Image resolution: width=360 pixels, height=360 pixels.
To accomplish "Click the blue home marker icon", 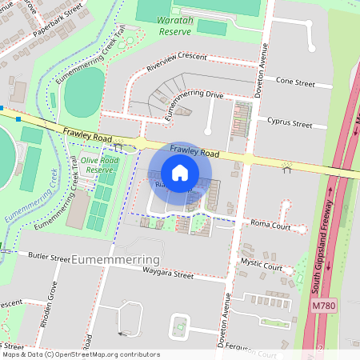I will (x=180, y=173).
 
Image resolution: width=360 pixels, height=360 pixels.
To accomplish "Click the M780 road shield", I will (x=324, y=306).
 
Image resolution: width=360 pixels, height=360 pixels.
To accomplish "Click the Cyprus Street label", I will (x=290, y=124).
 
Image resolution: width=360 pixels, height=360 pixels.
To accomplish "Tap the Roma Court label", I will (x=269, y=225).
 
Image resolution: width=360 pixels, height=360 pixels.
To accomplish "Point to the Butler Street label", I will (x=49, y=257).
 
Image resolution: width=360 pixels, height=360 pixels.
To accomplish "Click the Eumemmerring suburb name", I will (x=115, y=261).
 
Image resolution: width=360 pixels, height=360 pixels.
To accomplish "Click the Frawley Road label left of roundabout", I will (x=84, y=131).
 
